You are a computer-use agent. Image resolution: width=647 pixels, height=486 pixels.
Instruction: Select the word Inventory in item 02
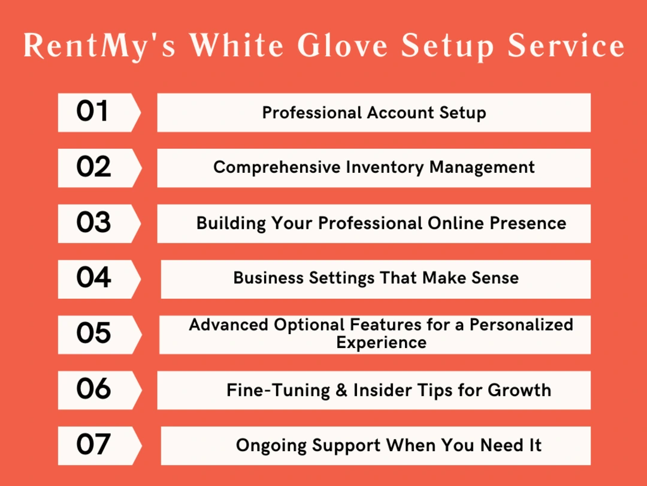[385, 167]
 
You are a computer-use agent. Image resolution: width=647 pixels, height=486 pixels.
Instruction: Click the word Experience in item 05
[381, 343]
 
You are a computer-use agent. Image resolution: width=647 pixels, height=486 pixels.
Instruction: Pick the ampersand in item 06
[341, 391]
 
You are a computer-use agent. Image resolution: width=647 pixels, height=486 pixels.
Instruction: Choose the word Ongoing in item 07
[271, 446]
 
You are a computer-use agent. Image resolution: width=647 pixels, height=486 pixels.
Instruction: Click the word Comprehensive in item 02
[277, 167]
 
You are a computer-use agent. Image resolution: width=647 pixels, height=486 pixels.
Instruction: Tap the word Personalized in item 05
[521, 325]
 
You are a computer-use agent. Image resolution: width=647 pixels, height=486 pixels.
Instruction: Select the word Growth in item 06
[519, 391]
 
